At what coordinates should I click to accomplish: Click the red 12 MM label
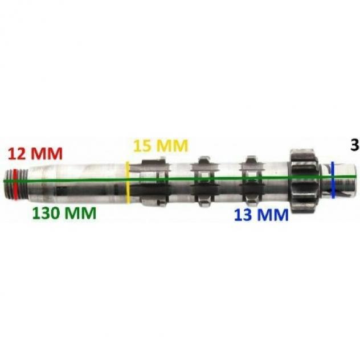coord(35,153)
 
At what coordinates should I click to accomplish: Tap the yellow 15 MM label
coord(161,146)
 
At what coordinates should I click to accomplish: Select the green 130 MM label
coord(64,213)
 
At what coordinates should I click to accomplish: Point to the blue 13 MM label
coord(261,215)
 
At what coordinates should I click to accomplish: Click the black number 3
coord(355,145)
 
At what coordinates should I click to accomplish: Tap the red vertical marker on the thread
coord(15,184)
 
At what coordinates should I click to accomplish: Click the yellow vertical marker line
coord(128,182)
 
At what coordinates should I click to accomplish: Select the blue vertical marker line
coord(333,180)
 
